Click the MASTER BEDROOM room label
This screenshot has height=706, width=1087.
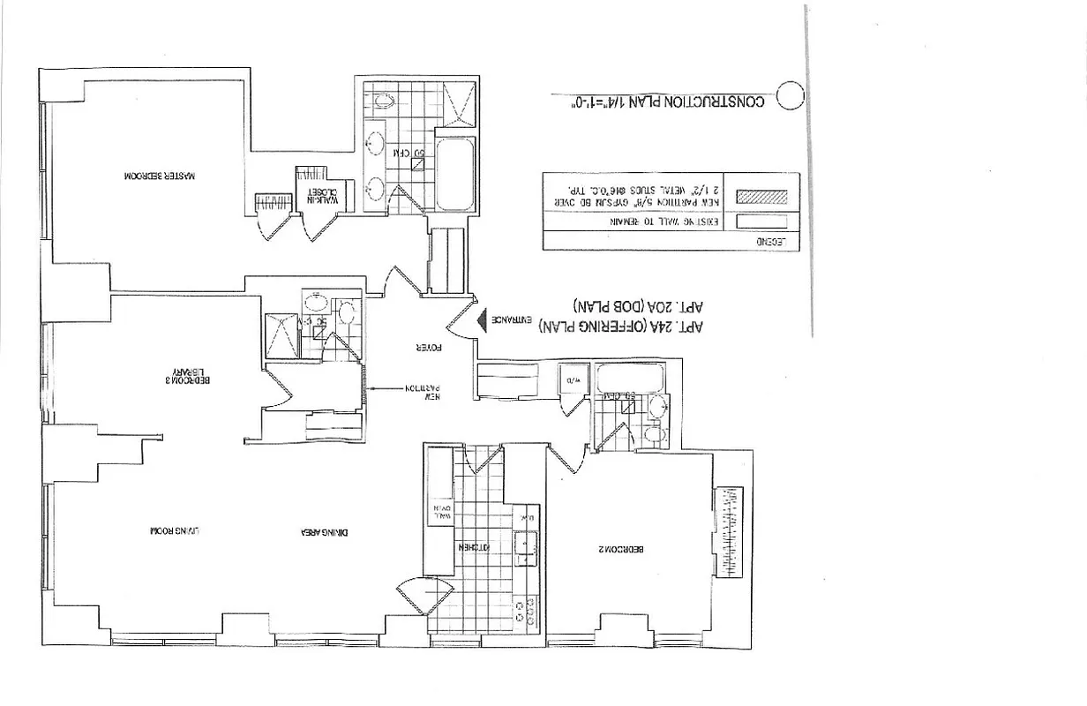click(x=160, y=176)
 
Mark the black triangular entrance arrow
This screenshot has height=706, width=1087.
click(x=482, y=319)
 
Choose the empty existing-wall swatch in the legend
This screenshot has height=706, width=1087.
click(x=761, y=221)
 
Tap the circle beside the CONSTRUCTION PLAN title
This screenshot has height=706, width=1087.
click(x=790, y=95)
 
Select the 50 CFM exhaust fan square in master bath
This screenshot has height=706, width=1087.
click(x=417, y=162)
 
